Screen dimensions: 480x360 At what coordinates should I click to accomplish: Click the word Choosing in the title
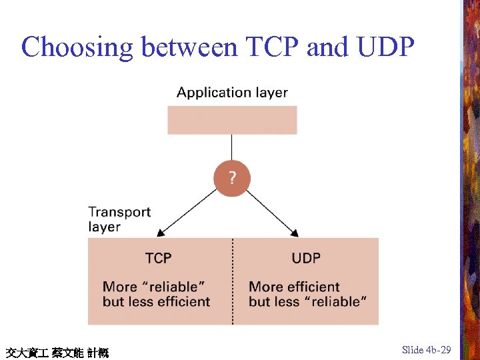pyautogui.click(x=77, y=47)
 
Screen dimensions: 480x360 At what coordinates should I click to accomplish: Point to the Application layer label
pyautogui.click(x=232, y=93)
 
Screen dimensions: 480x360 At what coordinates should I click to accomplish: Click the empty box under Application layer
pyautogui.click(x=232, y=120)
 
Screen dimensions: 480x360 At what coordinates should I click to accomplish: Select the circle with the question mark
pyautogui.click(x=232, y=179)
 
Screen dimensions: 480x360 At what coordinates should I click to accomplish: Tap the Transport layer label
pyautogui.click(x=119, y=219)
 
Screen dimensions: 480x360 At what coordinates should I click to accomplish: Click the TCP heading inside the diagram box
pyautogui.click(x=159, y=258)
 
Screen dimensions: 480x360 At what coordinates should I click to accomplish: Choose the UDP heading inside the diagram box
pyautogui.click(x=306, y=258)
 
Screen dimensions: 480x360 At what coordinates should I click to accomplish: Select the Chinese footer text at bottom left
pyautogui.click(x=57, y=352)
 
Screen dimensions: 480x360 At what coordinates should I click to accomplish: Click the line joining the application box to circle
pyautogui.click(x=232, y=149)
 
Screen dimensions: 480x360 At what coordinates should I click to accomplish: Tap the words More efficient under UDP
pyautogui.click(x=294, y=287)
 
